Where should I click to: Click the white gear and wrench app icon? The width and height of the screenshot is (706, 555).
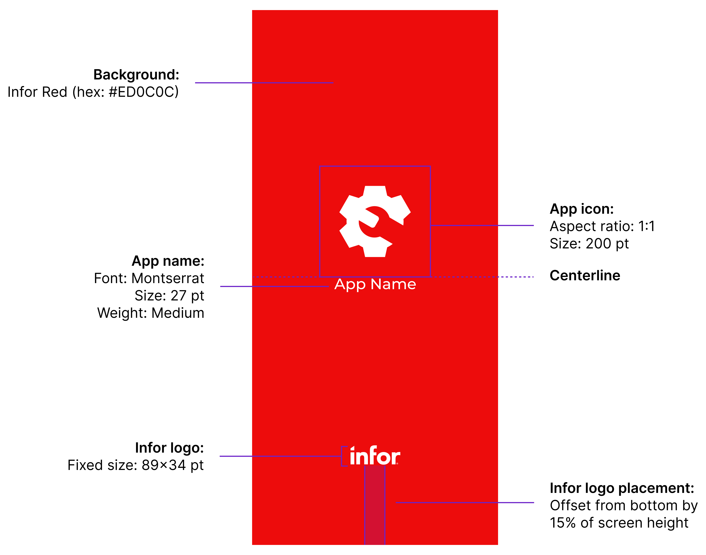pyautogui.click(x=375, y=221)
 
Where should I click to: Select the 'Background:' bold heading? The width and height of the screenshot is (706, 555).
pyautogui.click(x=136, y=75)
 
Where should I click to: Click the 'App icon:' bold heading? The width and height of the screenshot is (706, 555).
pyautogui.click(x=581, y=209)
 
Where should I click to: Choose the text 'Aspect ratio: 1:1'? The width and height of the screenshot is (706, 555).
pyautogui.click(x=602, y=226)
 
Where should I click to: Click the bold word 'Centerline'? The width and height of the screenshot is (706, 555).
pyautogui.click(x=585, y=276)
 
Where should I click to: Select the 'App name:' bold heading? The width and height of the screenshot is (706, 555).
pyautogui.click(x=168, y=261)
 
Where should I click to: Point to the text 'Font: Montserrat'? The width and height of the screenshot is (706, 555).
pyautogui.click(x=149, y=278)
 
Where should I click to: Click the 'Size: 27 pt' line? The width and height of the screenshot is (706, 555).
pyautogui.click(x=169, y=295)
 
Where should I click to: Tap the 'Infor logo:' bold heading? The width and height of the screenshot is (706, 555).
pyautogui.click(x=169, y=448)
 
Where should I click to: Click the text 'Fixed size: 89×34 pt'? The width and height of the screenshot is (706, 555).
pyautogui.click(x=135, y=465)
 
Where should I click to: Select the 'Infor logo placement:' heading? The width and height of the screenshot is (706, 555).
pyautogui.click(x=622, y=488)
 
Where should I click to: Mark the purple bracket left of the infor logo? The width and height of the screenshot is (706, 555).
pyautogui.click(x=343, y=456)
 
